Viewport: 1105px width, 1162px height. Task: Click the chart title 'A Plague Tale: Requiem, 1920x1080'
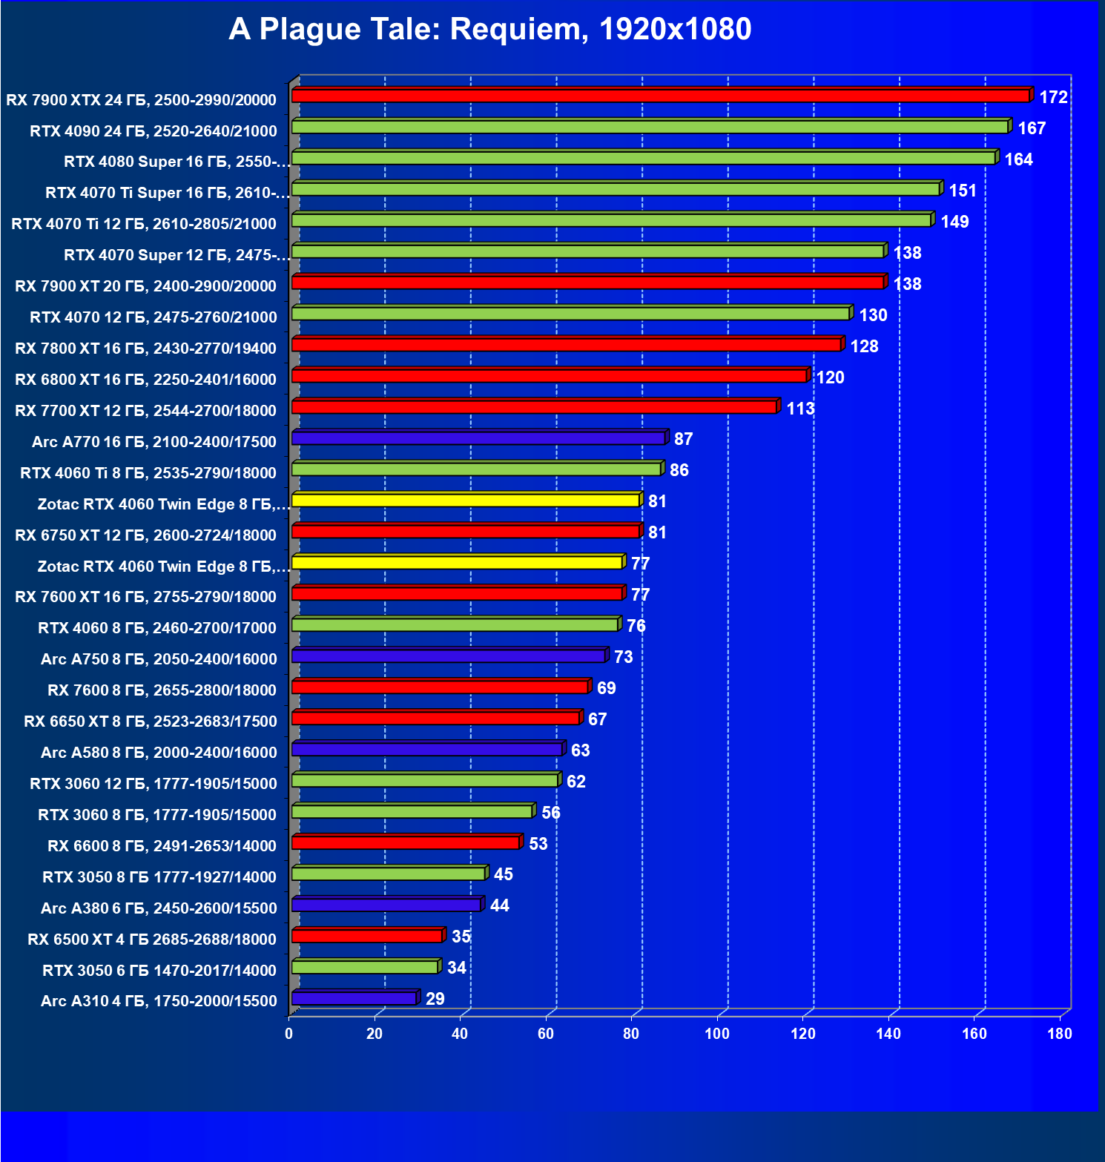pos(489,30)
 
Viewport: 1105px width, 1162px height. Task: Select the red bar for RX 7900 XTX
pos(660,96)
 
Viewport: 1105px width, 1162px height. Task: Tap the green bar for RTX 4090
pos(650,127)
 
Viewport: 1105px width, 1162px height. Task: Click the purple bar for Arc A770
pos(478,438)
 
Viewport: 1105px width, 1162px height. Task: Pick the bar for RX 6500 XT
pos(367,936)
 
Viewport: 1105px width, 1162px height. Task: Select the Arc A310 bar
pos(354,998)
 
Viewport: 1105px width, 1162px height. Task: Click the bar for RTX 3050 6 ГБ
pos(365,967)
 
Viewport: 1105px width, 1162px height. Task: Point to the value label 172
pos(1053,97)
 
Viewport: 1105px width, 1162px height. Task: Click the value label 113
pos(800,409)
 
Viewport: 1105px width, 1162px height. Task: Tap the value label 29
pos(435,999)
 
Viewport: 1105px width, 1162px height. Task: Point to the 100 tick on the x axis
pos(717,1034)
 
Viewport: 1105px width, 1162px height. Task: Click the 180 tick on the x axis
pos(1060,1034)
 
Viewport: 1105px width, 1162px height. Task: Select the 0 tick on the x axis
pos(289,1034)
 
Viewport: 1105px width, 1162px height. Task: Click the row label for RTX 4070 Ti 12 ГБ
pos(144,224)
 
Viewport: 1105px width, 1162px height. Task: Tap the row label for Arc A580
pos(159,753)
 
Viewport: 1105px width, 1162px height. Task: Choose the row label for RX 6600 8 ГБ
pos(162,846)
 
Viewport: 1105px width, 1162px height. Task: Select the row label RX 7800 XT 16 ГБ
pos(145,349)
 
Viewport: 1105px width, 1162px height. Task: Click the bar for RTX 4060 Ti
pos(476,469)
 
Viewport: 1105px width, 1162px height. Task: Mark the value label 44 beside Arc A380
pos(500,905)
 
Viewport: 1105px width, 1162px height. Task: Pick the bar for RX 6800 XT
pos(549,376)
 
